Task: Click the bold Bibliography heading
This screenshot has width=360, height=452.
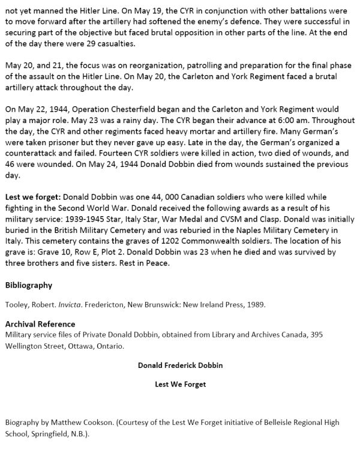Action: click(x=28, y=285)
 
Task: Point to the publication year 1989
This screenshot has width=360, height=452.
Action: click(x=254, y=304)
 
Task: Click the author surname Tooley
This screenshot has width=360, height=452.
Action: click(x=16, y=304)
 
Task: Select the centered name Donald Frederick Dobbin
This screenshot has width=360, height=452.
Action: click(x=180, y=365)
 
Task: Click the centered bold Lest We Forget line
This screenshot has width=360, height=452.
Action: click(x=180, y=384)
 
